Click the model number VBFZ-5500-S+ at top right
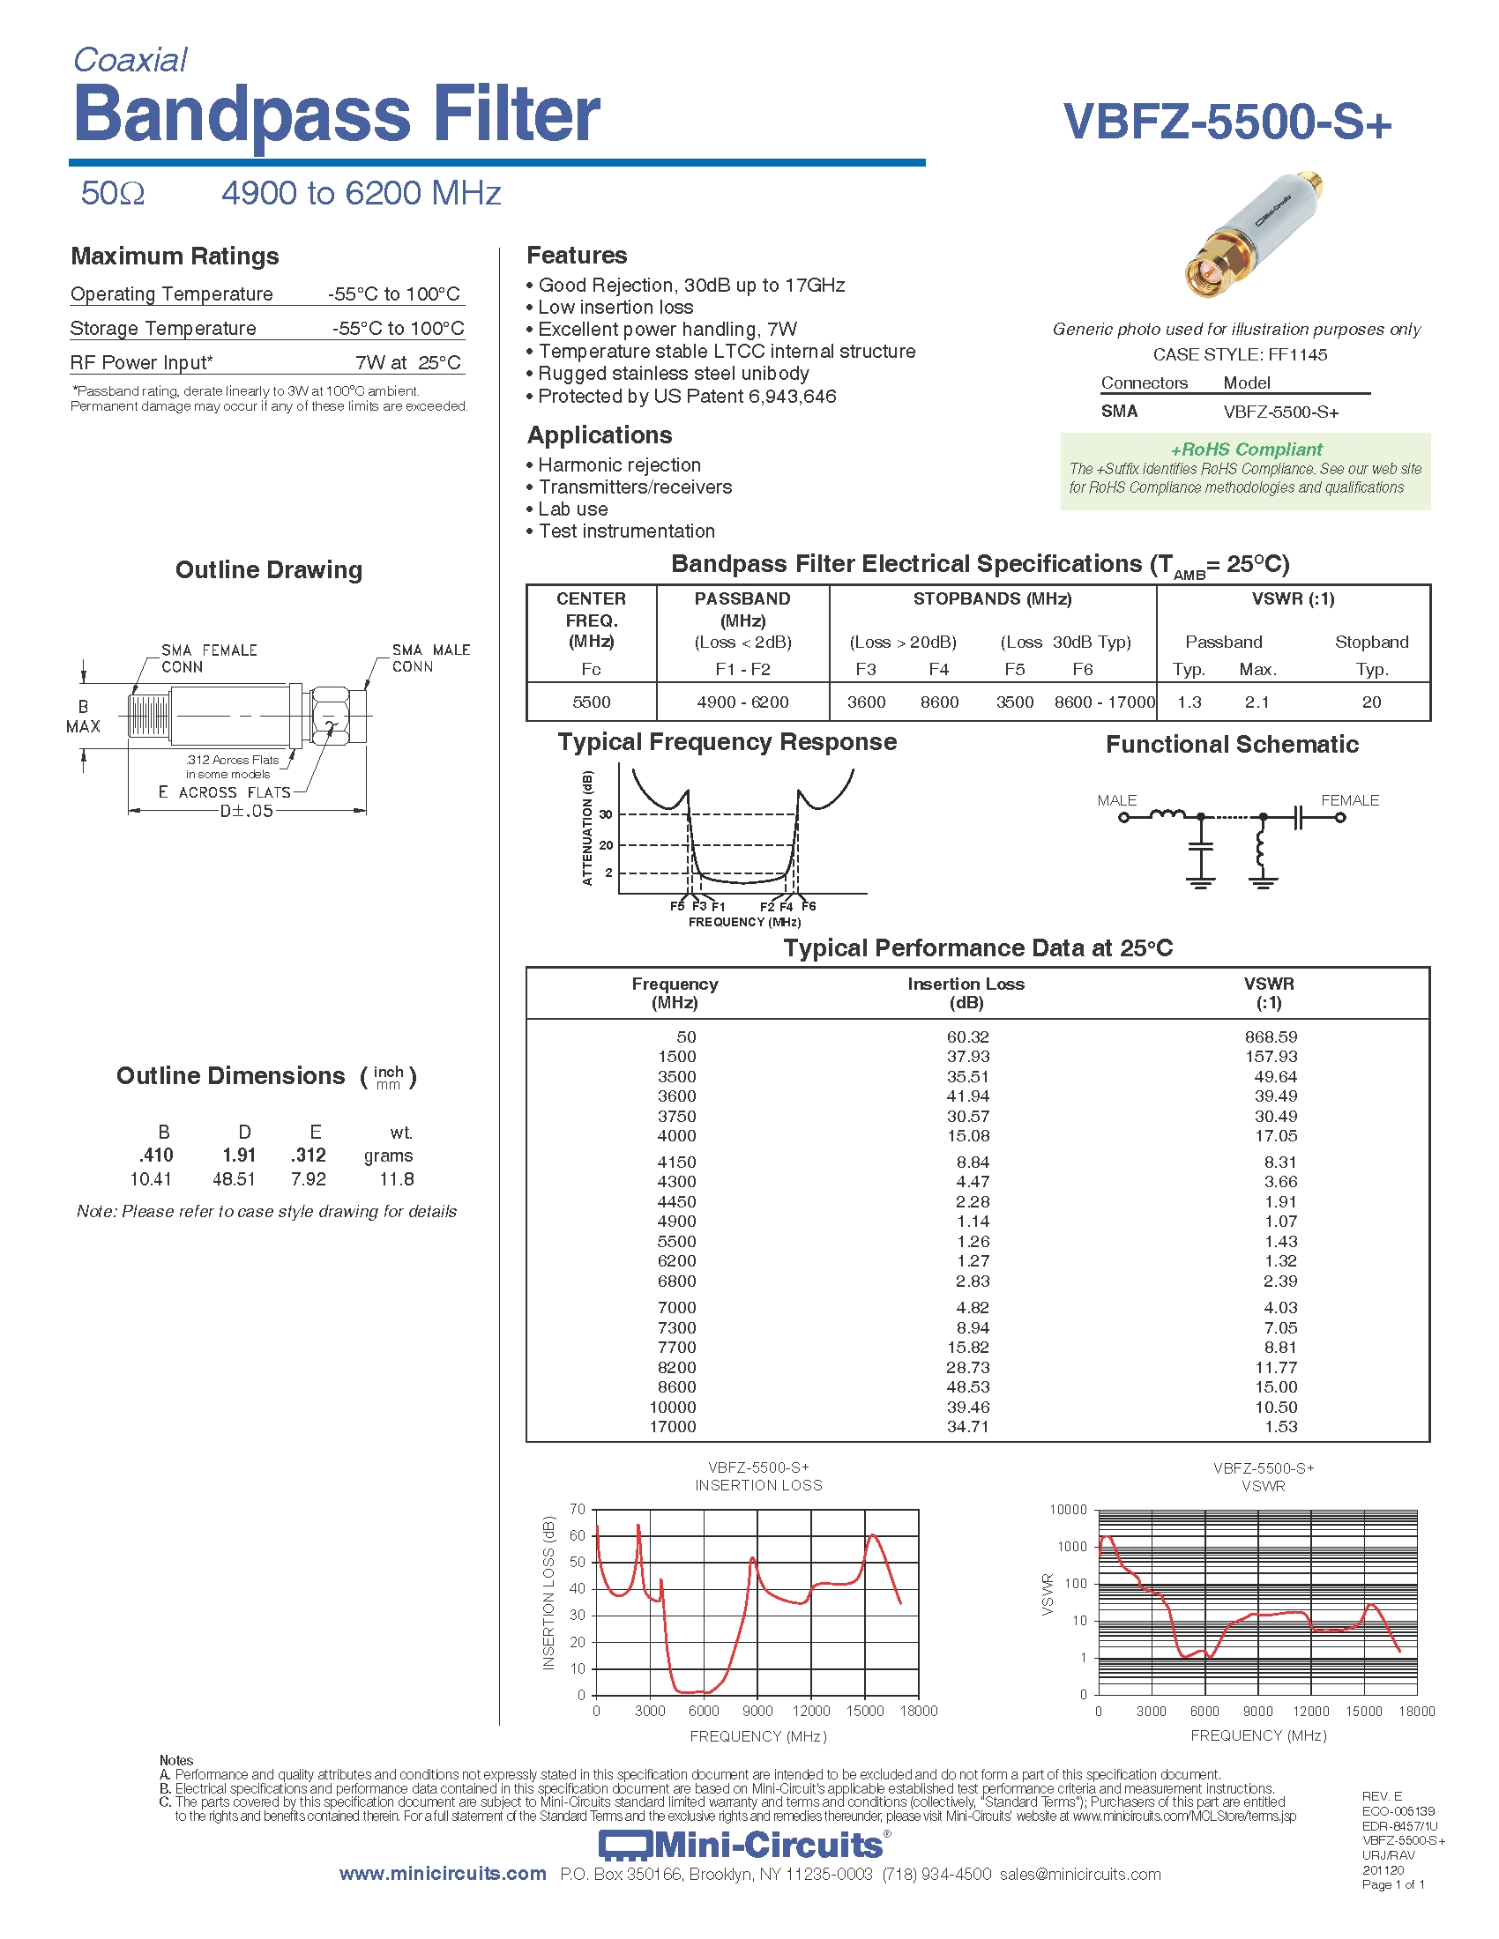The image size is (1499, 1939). [x=1227, y=122]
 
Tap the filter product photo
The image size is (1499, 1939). [x=1253, y=236]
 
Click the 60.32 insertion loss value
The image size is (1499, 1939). [x=967, y=1037]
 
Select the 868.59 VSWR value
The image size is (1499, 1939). [x=1271, y=1037]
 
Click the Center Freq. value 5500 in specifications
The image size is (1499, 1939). [x=592, y=702]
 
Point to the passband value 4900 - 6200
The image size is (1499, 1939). [x=742, y=702]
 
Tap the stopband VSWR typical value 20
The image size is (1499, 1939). [x=1371, y=702]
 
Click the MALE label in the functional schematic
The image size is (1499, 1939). [x=1116, y=801]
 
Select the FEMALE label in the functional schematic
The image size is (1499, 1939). [x=1350, y=801]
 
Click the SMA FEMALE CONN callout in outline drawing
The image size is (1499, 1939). [x=209, y=658]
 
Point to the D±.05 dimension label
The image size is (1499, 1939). [x=246, y=812]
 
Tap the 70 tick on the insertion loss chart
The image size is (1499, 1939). [x=578, y=1509]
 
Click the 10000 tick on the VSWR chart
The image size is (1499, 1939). [x=1068, y=1509]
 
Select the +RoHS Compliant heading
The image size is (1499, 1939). [x=1246, y=449]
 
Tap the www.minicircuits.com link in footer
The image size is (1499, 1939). [x=443, y=1874]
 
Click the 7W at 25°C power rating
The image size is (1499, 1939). [x=407, y=362]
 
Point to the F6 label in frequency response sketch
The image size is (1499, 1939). [x=808, y=906]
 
